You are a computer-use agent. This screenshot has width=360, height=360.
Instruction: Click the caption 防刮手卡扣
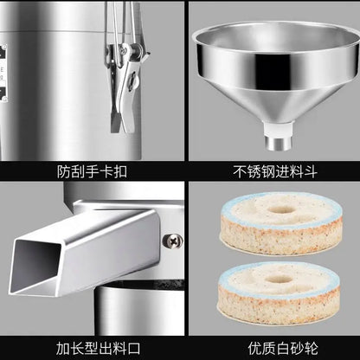tap(90, 170)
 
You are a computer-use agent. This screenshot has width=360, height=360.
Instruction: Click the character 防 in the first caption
tap(59, 170)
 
